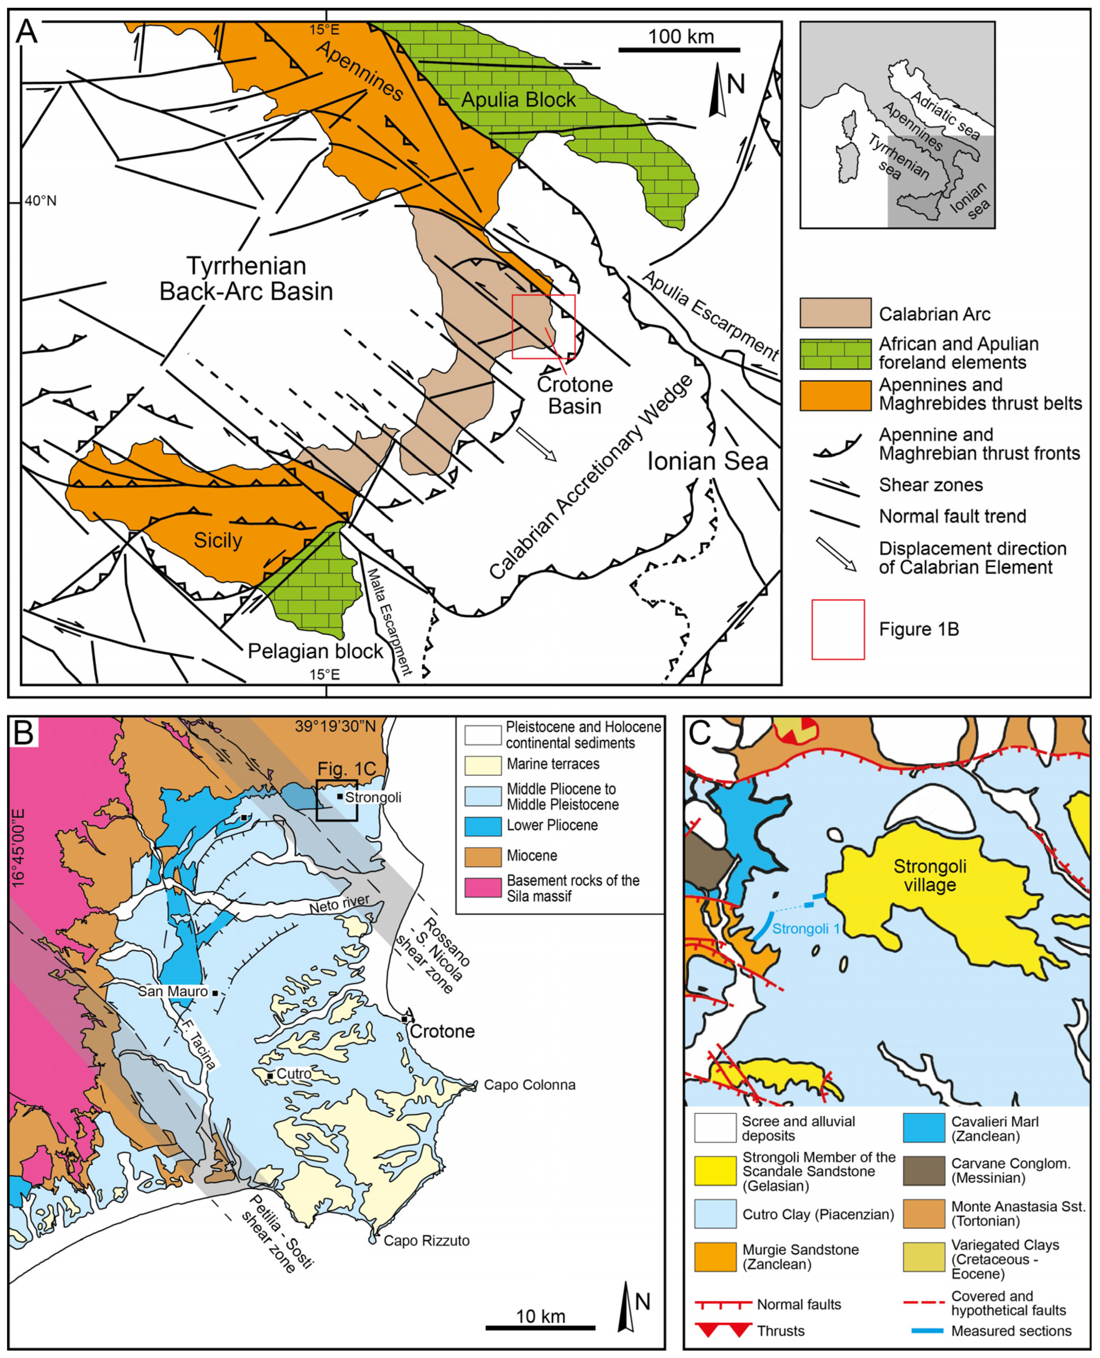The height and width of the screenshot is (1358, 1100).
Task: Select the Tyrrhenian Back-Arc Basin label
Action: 246,279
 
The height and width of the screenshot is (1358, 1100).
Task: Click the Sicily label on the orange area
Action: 218,540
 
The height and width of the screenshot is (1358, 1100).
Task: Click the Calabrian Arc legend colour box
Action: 835,313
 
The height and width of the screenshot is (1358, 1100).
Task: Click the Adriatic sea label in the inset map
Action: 945,115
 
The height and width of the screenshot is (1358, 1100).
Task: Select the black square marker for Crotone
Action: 404,1019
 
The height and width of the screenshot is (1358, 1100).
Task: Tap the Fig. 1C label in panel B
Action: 346,769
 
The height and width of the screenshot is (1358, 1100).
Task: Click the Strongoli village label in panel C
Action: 929,875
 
